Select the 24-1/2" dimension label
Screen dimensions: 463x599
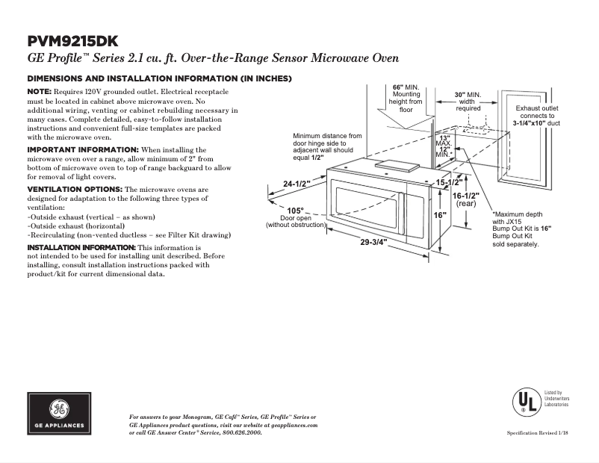click(x=297, y=184)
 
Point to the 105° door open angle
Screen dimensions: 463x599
click(x=295, y=211)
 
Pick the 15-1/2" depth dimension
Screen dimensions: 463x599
click(x=450, y=181)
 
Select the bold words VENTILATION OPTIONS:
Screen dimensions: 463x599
click(x=75, y=190)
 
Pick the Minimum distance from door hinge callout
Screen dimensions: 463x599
click(x=327, y=147)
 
